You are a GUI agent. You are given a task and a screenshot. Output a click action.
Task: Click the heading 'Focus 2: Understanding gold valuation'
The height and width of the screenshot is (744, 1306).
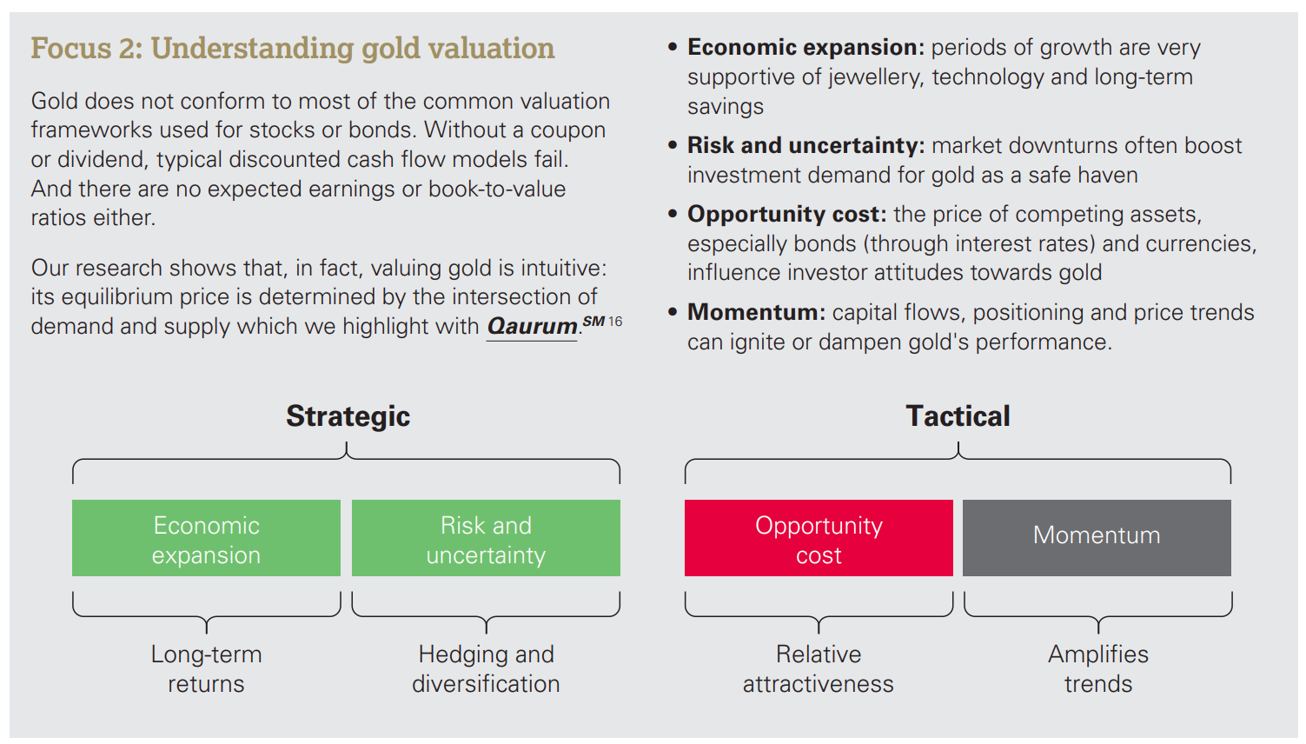[x=293, y=48]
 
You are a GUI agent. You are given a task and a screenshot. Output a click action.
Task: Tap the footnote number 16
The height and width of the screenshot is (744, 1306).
[x=615, y=322]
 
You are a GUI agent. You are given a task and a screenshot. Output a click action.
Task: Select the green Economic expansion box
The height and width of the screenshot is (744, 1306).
[x=207, y=538]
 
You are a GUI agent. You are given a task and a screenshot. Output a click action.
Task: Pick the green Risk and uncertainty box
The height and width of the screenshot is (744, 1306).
[x=486, y=538]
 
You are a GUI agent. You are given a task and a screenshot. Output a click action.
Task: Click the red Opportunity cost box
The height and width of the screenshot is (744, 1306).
[x=819, y=538]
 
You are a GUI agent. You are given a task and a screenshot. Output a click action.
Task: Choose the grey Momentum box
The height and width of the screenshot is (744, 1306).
[x=1097, y=538]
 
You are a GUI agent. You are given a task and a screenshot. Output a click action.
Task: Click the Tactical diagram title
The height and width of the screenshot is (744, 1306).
[x=958, y=416]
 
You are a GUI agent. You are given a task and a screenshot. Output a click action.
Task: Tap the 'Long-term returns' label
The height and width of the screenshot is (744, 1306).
[x=207, y=668]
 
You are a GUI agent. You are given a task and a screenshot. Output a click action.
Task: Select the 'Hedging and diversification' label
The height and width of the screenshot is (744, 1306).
[x=486, y=668]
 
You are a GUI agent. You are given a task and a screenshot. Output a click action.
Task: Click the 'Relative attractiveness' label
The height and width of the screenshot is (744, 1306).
[x=818, y=668]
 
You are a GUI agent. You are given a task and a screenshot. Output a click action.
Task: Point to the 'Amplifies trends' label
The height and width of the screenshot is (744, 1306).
[x=1098, y=668]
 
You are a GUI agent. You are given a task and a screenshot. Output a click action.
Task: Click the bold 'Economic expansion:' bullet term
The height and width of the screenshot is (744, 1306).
[x=805, y=48]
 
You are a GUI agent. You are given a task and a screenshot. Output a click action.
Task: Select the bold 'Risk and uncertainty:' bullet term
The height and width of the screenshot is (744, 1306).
[x=805, y=146]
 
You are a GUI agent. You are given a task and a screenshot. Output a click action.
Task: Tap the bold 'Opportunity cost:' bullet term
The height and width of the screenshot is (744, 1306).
[x=787, y=215]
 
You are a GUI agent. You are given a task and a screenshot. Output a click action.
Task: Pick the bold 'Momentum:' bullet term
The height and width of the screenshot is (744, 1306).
[x=756, y=313]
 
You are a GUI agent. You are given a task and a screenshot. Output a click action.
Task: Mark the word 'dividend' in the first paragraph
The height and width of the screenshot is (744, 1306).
[x=101, y=159]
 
